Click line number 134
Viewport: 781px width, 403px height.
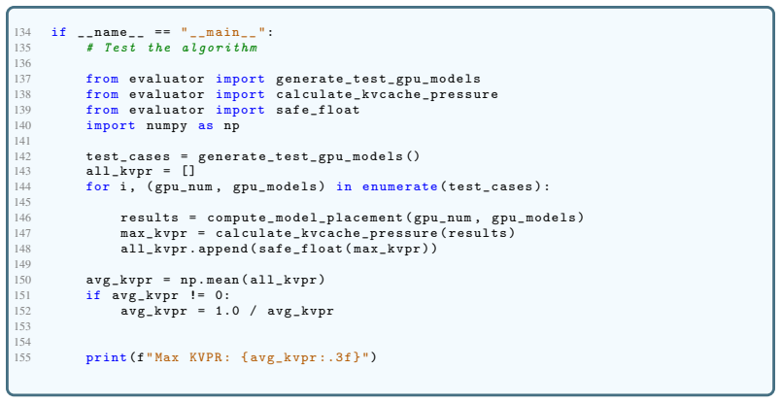pyautogui.click(x=22, y=32)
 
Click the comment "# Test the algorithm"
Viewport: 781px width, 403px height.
pyautogui.click(x=172, y=48)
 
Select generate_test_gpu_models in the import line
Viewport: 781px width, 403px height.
pyautogui.click(x=379, y=80)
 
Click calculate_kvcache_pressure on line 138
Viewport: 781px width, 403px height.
pyautogui.click(x=387, y=94)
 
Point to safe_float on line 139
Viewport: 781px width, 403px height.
pyautogui.click(x=318, y=110)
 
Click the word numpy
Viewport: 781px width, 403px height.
pyautogui.click(x=167, y=126)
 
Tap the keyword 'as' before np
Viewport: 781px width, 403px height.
pyautogui.click(x=206, y=126)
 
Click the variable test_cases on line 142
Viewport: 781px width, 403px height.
pyautogui.click(x=128, y=157)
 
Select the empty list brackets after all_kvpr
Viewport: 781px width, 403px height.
pyautogui.click(x=187, y=172)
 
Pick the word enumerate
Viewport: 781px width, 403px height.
pyautogui.click(x=400, y=186)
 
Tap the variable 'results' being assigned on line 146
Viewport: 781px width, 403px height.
pyautogui.click(x=150, y=218)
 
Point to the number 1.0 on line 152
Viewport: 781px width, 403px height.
pyautogui.click(x=227, y=312)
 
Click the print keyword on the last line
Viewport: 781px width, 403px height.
pyautogui.click(x=106, y=357)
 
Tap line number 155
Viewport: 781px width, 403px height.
pyautogui.click(x=22, y=357)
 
